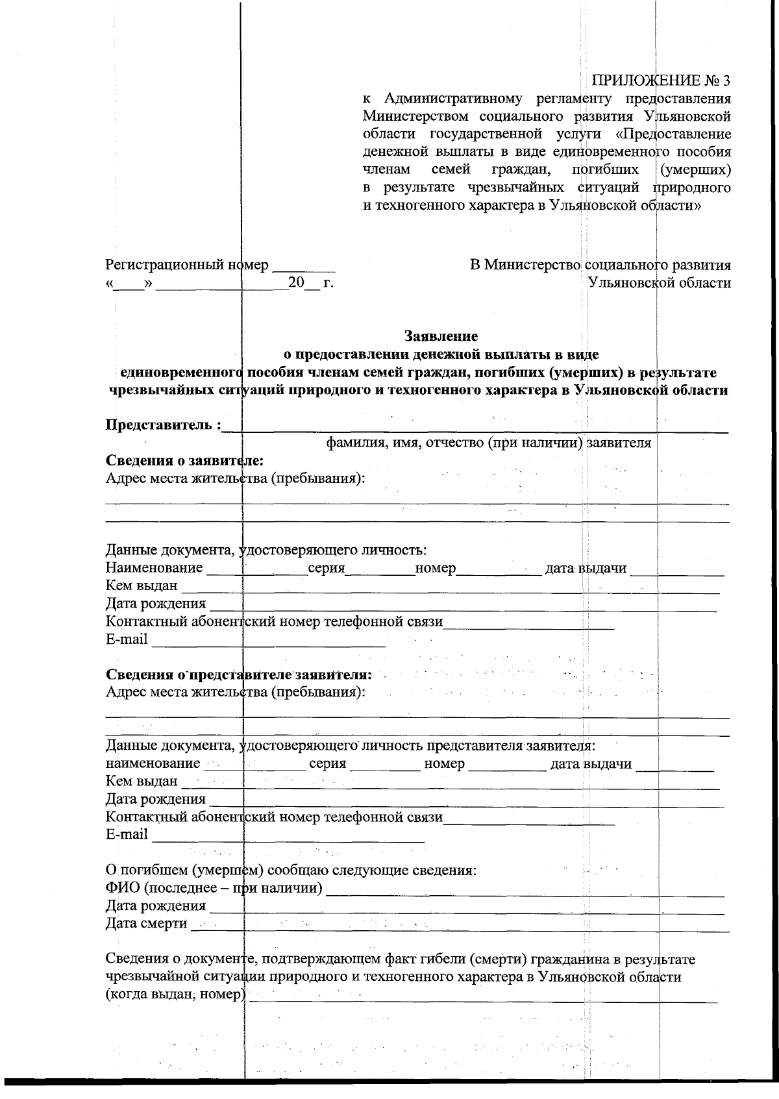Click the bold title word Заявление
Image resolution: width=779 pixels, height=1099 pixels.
[441, 336]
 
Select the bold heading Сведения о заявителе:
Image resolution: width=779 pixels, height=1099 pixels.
[184, 461]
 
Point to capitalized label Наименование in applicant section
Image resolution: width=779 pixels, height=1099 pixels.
[154, 569]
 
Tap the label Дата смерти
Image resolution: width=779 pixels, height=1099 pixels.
[146, 923]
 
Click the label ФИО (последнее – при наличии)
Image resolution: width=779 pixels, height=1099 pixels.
[214, 887]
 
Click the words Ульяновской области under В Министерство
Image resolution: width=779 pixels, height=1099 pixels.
[658, 283]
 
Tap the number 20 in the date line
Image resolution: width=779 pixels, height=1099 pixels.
[295, 283]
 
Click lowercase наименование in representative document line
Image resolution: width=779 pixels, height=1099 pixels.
[153, 763]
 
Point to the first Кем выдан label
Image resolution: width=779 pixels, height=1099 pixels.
[141, 586]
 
